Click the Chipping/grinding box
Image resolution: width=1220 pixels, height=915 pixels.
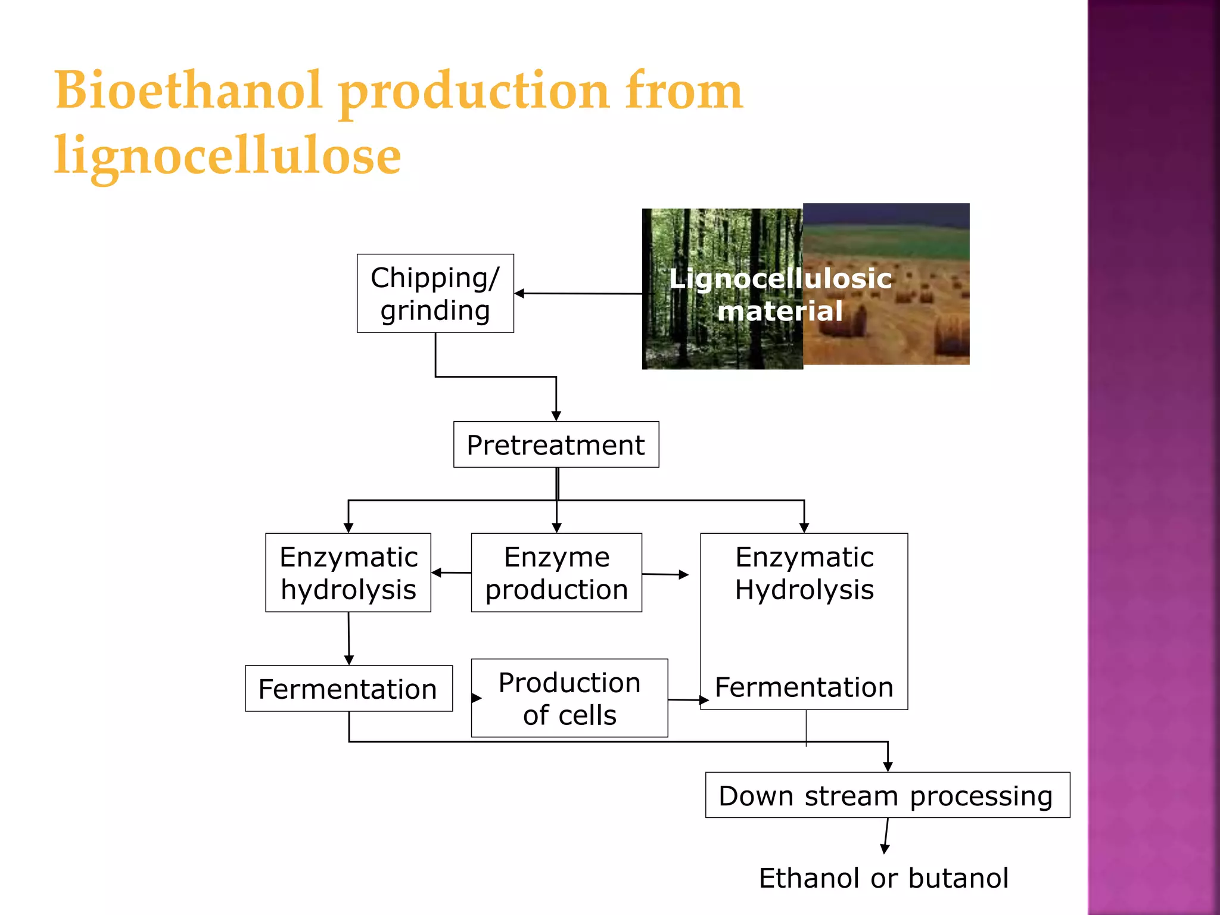click(435, 293)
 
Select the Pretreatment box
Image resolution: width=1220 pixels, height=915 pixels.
click(556, 444)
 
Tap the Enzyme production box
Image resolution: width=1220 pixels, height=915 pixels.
click(556, 572)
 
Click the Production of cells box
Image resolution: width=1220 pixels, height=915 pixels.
click(569, 698)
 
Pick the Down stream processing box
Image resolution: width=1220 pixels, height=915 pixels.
click(887, 795)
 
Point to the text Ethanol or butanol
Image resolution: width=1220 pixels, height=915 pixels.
click(883, 878)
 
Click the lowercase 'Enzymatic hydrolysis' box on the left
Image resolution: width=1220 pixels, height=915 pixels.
click(348, 572)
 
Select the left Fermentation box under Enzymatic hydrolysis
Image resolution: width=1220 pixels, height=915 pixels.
click(348, 689)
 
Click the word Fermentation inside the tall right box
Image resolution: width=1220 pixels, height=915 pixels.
click(804, 687)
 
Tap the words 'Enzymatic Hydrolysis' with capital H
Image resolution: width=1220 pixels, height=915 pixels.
click(804, 573)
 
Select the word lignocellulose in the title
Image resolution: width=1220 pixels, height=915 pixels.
click(228, 155)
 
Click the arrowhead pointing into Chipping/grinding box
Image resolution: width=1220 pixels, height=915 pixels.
click(519, 293)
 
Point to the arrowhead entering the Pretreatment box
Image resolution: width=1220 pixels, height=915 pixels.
click(556, 416)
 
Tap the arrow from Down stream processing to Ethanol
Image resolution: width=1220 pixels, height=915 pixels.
click(886, 837)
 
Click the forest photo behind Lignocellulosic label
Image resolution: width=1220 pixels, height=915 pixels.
click(703, 334)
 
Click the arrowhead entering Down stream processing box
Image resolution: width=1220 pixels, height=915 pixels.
click(888, 767)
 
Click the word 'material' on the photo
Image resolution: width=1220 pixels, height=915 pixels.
click(780, 311)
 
